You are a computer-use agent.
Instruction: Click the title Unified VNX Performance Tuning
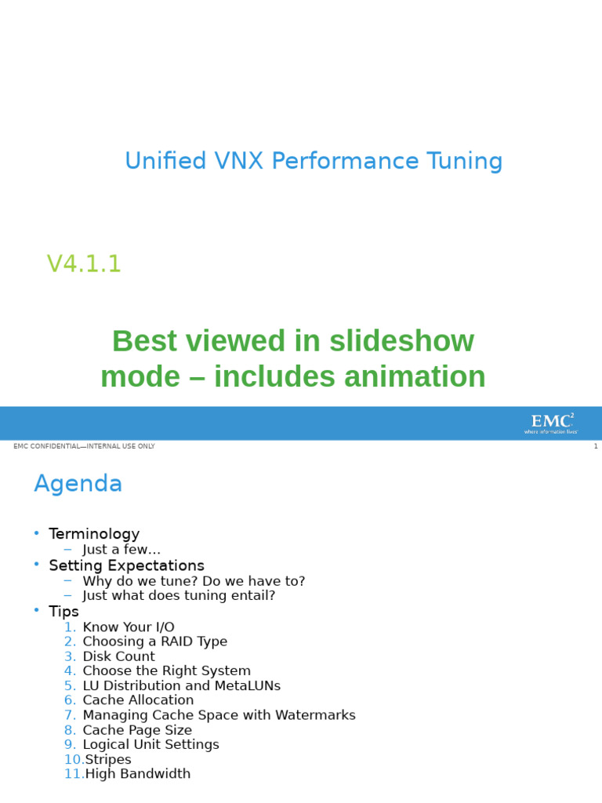[x=314, y=162]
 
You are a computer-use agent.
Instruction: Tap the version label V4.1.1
[x=84, y=264]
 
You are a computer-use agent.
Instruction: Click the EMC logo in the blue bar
[x=551, y=423]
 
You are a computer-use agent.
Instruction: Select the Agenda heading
[x=78, y=484]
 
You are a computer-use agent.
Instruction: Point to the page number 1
[x=595, y=446]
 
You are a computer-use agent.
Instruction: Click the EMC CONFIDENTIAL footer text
[x=84, y=446]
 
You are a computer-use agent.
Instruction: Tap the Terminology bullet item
[x=94, y=534]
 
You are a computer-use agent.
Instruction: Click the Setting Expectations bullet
[x=126, y=565]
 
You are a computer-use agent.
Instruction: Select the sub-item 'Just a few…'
[x=121, y=550]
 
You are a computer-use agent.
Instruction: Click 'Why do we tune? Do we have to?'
[x=194, y=581]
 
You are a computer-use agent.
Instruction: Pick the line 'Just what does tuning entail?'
[x=179, y=595]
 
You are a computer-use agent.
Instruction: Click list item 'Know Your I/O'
[x=129, y=627]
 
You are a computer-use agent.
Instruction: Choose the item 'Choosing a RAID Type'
[x=154, y=641]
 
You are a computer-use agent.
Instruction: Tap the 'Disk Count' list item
[x=118, y=656]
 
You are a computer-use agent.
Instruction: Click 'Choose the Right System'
[x=166, y=670]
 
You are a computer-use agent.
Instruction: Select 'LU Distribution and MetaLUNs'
[x=181, y=685]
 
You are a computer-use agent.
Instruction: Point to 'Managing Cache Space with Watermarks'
[x=219, y=715]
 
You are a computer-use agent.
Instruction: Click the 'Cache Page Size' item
[x=137, y=730]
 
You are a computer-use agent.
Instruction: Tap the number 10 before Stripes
[x=73, y=759]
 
